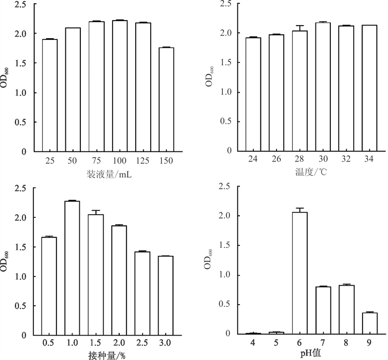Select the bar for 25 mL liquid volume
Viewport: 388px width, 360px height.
pyautogui.click(x=49, y=95)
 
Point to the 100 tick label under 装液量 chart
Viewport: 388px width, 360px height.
pyautogui.click(x=119, y=160)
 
